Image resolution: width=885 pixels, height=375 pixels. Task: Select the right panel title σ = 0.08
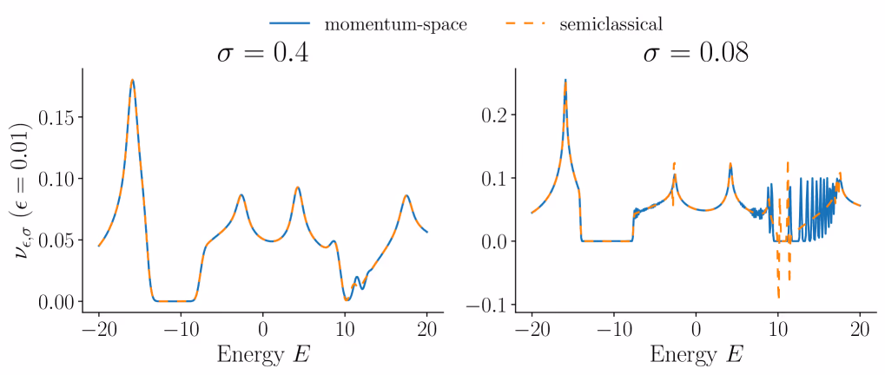tap(696, 54)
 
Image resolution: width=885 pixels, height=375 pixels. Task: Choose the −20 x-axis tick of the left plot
tap(98, 332)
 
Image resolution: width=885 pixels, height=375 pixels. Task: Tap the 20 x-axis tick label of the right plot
tap(861, 332)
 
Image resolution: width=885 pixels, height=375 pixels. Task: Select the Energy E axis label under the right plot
tap(696, 355)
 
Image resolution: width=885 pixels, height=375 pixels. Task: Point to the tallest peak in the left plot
tap(132, 80)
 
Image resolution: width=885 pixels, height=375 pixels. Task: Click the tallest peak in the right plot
tap(565, 80)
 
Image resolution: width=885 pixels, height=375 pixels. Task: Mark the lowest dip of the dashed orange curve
tap(779, 298)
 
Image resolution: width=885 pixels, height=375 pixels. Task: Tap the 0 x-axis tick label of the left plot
tap(263, 332)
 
